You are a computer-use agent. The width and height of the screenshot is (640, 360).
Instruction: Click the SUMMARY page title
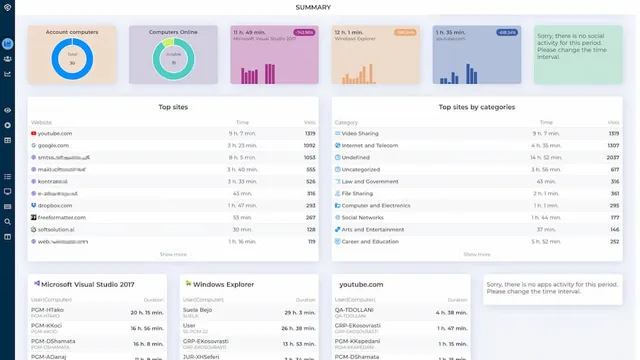point(320,7)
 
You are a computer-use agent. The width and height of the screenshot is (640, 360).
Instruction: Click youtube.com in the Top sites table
point(55,133)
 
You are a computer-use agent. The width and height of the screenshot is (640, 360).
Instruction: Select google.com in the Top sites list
point(54,145)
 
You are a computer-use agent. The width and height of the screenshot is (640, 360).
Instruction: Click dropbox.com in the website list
point(55,205)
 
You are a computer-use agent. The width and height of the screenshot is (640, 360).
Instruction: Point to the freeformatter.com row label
point(62,217)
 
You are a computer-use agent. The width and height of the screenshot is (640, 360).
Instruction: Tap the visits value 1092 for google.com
point(309,145)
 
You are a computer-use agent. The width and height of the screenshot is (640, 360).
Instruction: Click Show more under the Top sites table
point(173,254)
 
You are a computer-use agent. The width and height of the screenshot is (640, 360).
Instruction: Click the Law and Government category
point(368,181)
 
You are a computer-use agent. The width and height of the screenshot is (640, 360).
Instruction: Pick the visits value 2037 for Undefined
point(613,157)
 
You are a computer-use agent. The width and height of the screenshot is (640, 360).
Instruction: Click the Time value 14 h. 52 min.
point(542,157)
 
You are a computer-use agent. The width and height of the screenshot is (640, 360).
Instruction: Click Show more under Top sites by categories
point(476,254)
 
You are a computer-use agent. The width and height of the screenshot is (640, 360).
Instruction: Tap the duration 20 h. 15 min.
point(146,313)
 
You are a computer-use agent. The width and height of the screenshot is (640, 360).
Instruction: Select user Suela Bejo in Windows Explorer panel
point(196,311)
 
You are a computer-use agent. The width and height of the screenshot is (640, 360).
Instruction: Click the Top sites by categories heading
point(476,107)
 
